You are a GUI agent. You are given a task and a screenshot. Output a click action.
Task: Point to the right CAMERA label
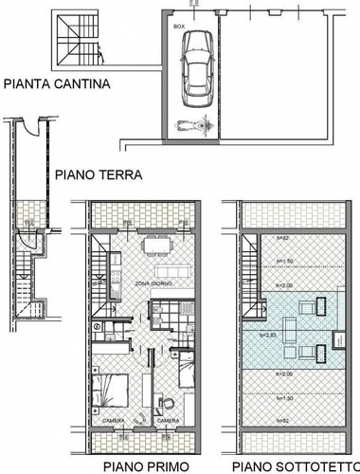[x=168, y=421]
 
